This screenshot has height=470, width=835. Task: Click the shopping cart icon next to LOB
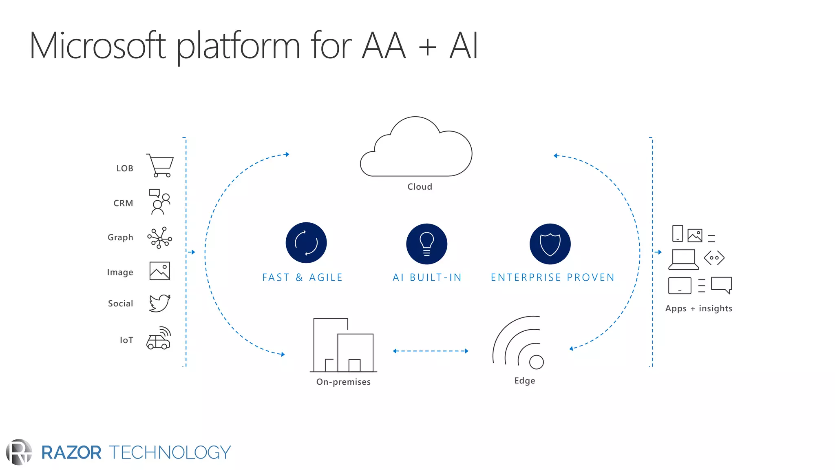point(160,165)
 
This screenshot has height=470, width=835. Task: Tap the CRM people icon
point(159,202)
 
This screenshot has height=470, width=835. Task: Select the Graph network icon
point(159,238)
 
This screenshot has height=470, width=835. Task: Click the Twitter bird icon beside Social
point(159,303)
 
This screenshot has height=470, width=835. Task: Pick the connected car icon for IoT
point(159,339)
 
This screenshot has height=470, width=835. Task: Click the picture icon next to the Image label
point(159,271)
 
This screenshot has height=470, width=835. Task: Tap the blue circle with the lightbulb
point(426,244)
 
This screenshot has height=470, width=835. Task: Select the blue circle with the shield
point(550,244)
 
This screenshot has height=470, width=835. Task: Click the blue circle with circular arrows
point(306,243)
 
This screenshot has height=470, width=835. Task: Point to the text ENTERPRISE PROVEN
point(552,277)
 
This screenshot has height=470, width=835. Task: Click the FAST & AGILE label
point(302,277)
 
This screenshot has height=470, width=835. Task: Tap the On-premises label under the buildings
point(343,382)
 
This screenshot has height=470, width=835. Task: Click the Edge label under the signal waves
point(525,381)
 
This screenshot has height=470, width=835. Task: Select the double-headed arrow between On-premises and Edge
point(431,351)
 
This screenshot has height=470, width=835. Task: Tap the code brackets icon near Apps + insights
point(714,258)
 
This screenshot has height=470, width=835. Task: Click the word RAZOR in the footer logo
point(71,452)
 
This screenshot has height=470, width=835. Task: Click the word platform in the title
point(239,46)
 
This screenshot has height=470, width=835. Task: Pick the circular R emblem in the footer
point(19,452)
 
